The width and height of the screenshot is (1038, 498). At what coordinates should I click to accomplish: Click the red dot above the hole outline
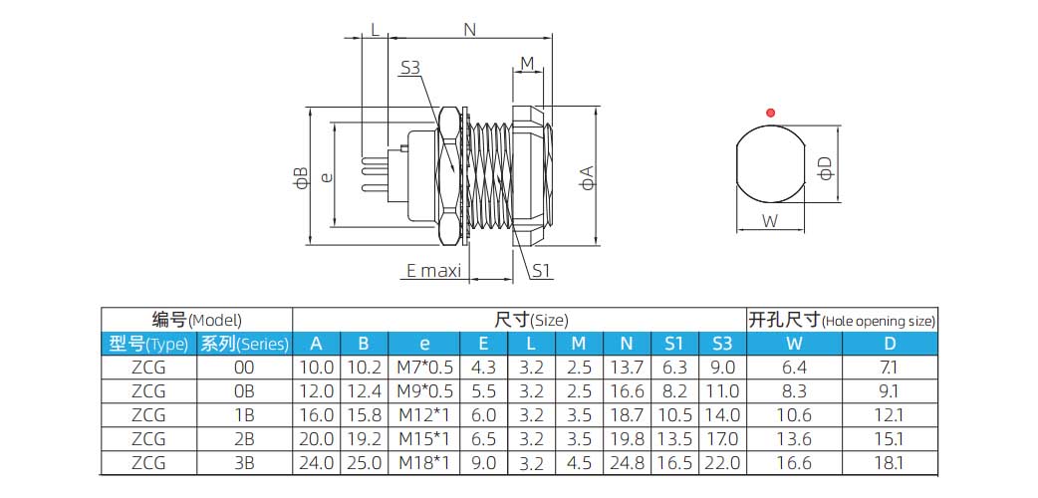(x=769, y=111)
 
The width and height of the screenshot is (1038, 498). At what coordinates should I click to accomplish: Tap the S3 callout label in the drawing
(x=410, y=69)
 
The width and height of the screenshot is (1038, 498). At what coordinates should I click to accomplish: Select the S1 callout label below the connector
(x=541, y=270)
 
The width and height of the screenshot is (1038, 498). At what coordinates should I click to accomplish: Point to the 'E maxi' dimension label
(x=433, y=270)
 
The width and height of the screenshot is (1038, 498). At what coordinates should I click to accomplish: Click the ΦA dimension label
(x=589, y=177)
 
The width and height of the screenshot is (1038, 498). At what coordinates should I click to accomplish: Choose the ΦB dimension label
(x=301, y=177)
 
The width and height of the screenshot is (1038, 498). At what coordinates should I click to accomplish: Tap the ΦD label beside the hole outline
(x=825, y=168)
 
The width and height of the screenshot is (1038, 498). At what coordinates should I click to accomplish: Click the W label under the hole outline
(x=770, y=221)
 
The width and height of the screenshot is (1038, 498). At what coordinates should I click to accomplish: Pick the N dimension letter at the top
(x=469, y=30)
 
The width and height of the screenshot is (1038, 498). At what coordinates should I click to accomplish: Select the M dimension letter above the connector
(x=528, y=64)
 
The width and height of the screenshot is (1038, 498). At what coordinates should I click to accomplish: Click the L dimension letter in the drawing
(x=375, y=30)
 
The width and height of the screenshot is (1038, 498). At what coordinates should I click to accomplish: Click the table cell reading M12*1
(x=424, y=415)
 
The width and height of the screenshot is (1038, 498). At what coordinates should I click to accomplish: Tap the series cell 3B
(x=244, y=463)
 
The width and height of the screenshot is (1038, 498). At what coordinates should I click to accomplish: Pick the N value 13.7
(x=627, y=368)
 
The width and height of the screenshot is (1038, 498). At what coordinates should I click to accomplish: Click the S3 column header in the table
(x=722, y=345)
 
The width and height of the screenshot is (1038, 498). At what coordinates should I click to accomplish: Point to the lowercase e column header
(x=424, y=345)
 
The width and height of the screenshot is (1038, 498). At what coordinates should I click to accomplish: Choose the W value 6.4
(x=795, y=368)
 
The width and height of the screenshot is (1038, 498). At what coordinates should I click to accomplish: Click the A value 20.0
(x=317, y=439)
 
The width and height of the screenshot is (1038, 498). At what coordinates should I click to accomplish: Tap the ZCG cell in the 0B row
(x=148, y=391)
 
